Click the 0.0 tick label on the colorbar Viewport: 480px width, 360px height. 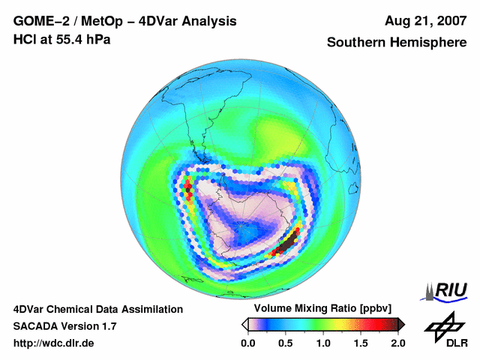(x=247, y=343)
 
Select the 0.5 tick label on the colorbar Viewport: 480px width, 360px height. (x=285, y=343)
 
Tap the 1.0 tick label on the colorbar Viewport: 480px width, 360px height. (x=323, y=343)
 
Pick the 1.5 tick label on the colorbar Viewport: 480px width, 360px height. (x=361, y=343)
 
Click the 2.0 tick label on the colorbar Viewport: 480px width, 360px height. (x=397, y=343)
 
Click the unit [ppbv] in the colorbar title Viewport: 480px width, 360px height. (x=371, y=309)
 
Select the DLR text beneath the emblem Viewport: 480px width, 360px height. (x=456, y=343)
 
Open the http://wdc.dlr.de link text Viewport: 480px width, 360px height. (x=54, y=343)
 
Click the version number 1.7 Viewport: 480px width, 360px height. (x=107, y=326)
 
